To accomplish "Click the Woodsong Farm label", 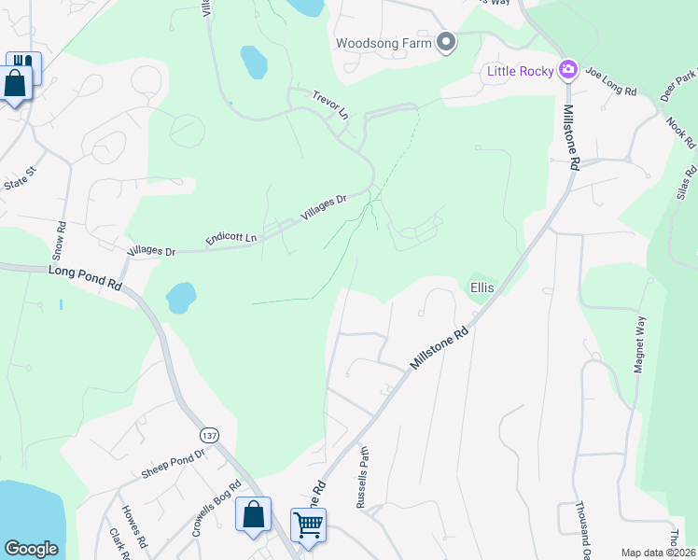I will (x=384, y=43).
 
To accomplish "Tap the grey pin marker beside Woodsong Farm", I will (x=446, y=42).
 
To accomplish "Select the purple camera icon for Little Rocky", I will (x=566, y=70).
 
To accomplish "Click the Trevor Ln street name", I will (x=329, y=104).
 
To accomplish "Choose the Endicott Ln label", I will (x=231, y=238).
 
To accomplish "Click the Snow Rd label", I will (x=60, y=239).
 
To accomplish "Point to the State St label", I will (x=18, y=178).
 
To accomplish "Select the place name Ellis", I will (x=482, y=288).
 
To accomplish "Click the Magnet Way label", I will (x=639, y=344).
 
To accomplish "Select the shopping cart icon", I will (x=308, y=525).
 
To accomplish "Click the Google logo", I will (x=31, y=549).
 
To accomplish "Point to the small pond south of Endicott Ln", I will (x=181, y=298).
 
